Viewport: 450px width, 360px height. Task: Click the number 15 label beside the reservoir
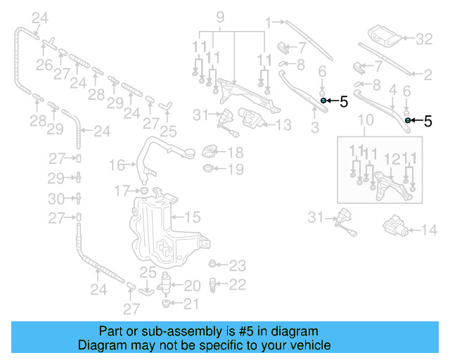coord(192,217)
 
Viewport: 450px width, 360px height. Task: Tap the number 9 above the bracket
coord(219,16)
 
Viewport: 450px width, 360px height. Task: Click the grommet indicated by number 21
coord(167,304)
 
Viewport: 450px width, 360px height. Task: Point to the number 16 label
coord(117,165)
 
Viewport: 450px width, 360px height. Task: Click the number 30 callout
coord(59,198)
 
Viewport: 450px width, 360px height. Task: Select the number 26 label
coord(44,65)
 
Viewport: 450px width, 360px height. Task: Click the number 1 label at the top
coord(267,24)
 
